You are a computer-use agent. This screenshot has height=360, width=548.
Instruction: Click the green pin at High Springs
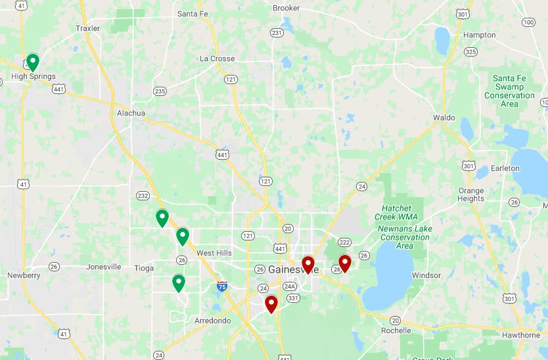[x=32, y=62]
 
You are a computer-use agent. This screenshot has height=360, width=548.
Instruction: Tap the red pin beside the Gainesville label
[x=308, y=265]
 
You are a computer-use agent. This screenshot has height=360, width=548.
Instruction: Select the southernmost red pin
[x=271, y=304]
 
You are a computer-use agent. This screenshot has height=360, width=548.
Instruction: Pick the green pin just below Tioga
[x=178, y=283]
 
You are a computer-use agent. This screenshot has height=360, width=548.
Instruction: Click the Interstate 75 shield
[x=222, y=286]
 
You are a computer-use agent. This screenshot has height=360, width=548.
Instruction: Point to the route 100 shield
[x=528, y=22]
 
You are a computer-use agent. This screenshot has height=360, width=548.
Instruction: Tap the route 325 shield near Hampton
[x=470, y=51]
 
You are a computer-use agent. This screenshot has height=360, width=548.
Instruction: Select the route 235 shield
[x=160, y=91]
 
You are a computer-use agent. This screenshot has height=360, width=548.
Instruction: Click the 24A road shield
[x=290, y=286]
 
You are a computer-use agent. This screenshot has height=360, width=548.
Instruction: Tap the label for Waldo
[x=444, y=118]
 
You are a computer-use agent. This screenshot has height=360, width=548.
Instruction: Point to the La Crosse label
[x=217, y=58]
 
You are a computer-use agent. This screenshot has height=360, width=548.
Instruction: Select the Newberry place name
[x=24, y=275]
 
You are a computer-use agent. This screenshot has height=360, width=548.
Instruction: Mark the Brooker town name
[x=286, y=8]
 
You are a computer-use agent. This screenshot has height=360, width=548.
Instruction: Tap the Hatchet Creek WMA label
[x=396, y=212]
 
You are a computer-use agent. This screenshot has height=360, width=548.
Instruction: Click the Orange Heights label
[x=470, y=195]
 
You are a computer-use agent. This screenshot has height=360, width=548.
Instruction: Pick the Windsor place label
[x=426, y=275]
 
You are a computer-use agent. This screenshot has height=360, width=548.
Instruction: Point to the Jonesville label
[x=104, y=267]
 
